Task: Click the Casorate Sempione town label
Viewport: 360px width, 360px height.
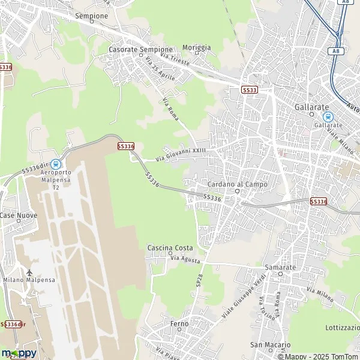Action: click(140, 49)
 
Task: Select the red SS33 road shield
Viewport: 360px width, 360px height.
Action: click(250, 89)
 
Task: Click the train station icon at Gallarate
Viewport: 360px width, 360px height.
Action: click(327, 117)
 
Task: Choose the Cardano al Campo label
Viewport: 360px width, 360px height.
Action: click(232, 184)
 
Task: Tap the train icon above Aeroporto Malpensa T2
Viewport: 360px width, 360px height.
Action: click(55, 163)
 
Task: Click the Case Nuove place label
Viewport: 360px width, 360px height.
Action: click(18, 215)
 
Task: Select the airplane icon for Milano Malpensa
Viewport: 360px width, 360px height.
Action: click(28, 273)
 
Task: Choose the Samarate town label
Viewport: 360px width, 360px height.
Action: click(280, 266)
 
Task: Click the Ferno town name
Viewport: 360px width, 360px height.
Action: click(179, 323)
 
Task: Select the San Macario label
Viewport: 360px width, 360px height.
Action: click(270, 345)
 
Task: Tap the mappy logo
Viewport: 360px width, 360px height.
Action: click(19, 353)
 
